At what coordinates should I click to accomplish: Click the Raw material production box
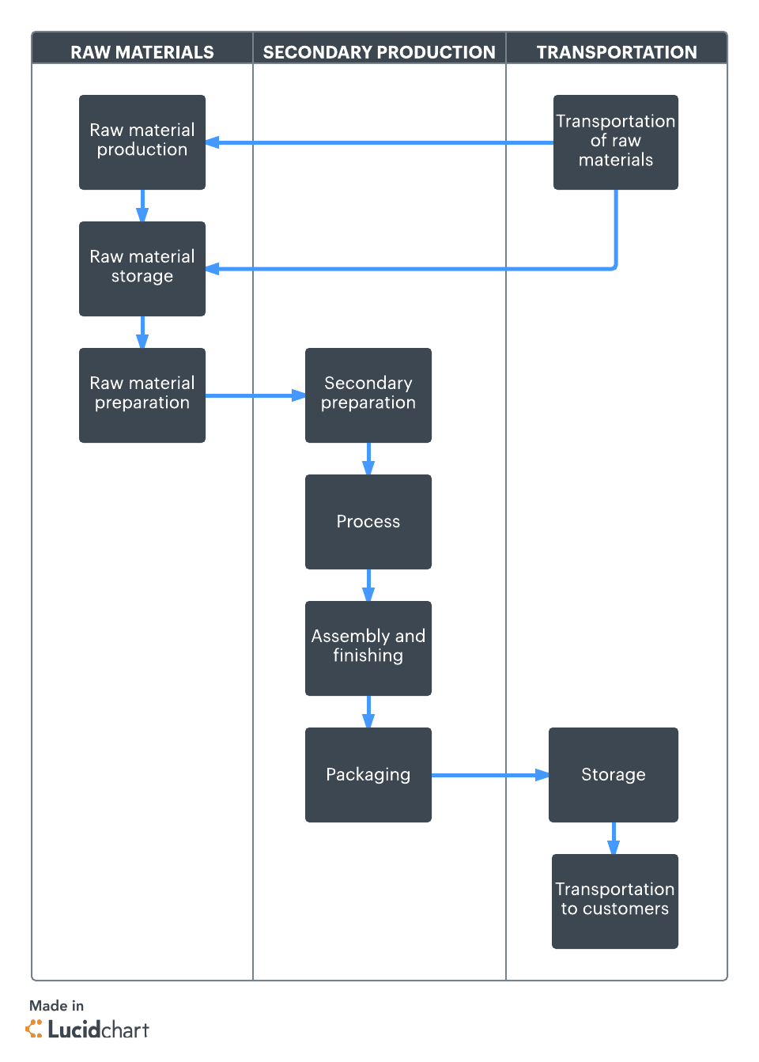[142, 142]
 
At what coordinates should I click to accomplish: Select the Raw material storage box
[142, 269]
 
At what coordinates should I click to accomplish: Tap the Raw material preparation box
[142, 395]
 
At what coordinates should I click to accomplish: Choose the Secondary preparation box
[368, 395]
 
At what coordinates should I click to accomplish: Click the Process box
[368, 522]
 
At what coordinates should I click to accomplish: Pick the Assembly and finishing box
[368, 648]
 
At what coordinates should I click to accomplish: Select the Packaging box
[368, 775]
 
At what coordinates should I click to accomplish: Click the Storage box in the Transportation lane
[614, 775]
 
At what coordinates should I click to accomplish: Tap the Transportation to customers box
[615, 901]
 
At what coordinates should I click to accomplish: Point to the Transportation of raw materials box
[616, 142]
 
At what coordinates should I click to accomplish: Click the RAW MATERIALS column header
[142, 52]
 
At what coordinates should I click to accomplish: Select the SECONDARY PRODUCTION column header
[379, 52]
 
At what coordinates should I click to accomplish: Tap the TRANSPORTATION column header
[617, 52]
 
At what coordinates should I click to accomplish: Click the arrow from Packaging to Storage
[490, 775]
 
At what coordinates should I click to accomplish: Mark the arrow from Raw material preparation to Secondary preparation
[255, 395]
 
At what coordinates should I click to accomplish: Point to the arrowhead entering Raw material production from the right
[213, 143]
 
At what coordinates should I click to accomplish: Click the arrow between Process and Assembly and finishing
[368, 585]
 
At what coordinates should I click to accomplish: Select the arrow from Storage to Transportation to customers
[614, 838]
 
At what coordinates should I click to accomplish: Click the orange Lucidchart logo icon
[35, 1029]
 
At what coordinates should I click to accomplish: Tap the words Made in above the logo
[56, 1006]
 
